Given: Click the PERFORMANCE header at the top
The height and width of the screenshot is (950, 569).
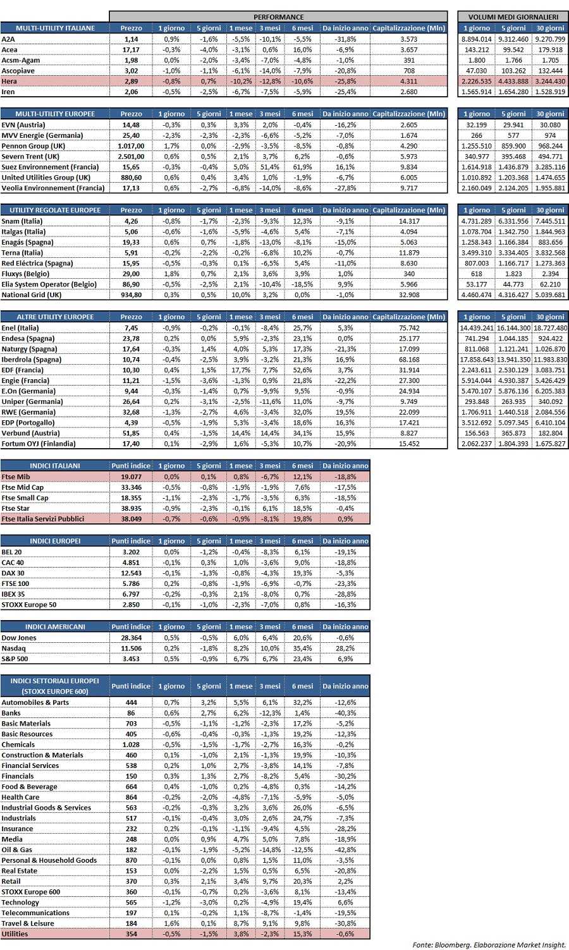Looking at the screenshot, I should pos(279,17).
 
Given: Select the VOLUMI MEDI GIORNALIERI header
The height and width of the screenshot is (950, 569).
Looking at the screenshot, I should pos(513,17).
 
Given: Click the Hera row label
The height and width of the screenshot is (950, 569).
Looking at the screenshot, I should pos(9,82).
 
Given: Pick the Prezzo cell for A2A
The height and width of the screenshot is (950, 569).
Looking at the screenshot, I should pos(132,39).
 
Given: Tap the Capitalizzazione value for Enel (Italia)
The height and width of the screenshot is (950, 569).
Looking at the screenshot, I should pos(409,328).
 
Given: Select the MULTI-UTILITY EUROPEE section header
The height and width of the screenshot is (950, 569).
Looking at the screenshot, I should pos(55,114).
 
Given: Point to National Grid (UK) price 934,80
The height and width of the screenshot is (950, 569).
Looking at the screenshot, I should pos(132,295).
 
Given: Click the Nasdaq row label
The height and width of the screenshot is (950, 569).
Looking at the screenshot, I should pos(14,649).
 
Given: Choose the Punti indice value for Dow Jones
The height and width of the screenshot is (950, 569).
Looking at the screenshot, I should pos(132,638).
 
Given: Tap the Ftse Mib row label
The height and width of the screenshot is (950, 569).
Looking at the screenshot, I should pos(15,477).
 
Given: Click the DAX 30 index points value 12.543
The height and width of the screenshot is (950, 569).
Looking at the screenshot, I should pos(132,573).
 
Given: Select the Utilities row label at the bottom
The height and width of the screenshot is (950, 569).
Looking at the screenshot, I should pos(15,934).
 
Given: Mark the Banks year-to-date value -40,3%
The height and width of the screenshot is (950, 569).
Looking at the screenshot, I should pos(345,713).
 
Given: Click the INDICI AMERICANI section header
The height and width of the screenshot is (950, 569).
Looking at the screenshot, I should pos(55,627).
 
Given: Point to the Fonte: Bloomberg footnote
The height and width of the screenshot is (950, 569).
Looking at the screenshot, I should pos(489,944).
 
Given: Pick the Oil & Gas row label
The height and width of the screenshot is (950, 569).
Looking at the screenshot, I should pos(17,850).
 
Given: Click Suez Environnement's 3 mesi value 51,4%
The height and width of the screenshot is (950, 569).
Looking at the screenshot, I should pos(269,167).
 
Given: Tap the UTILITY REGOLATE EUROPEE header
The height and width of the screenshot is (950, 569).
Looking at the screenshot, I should pos(55,210).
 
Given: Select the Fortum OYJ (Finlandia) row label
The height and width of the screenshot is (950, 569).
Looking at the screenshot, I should pos(39,444).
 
